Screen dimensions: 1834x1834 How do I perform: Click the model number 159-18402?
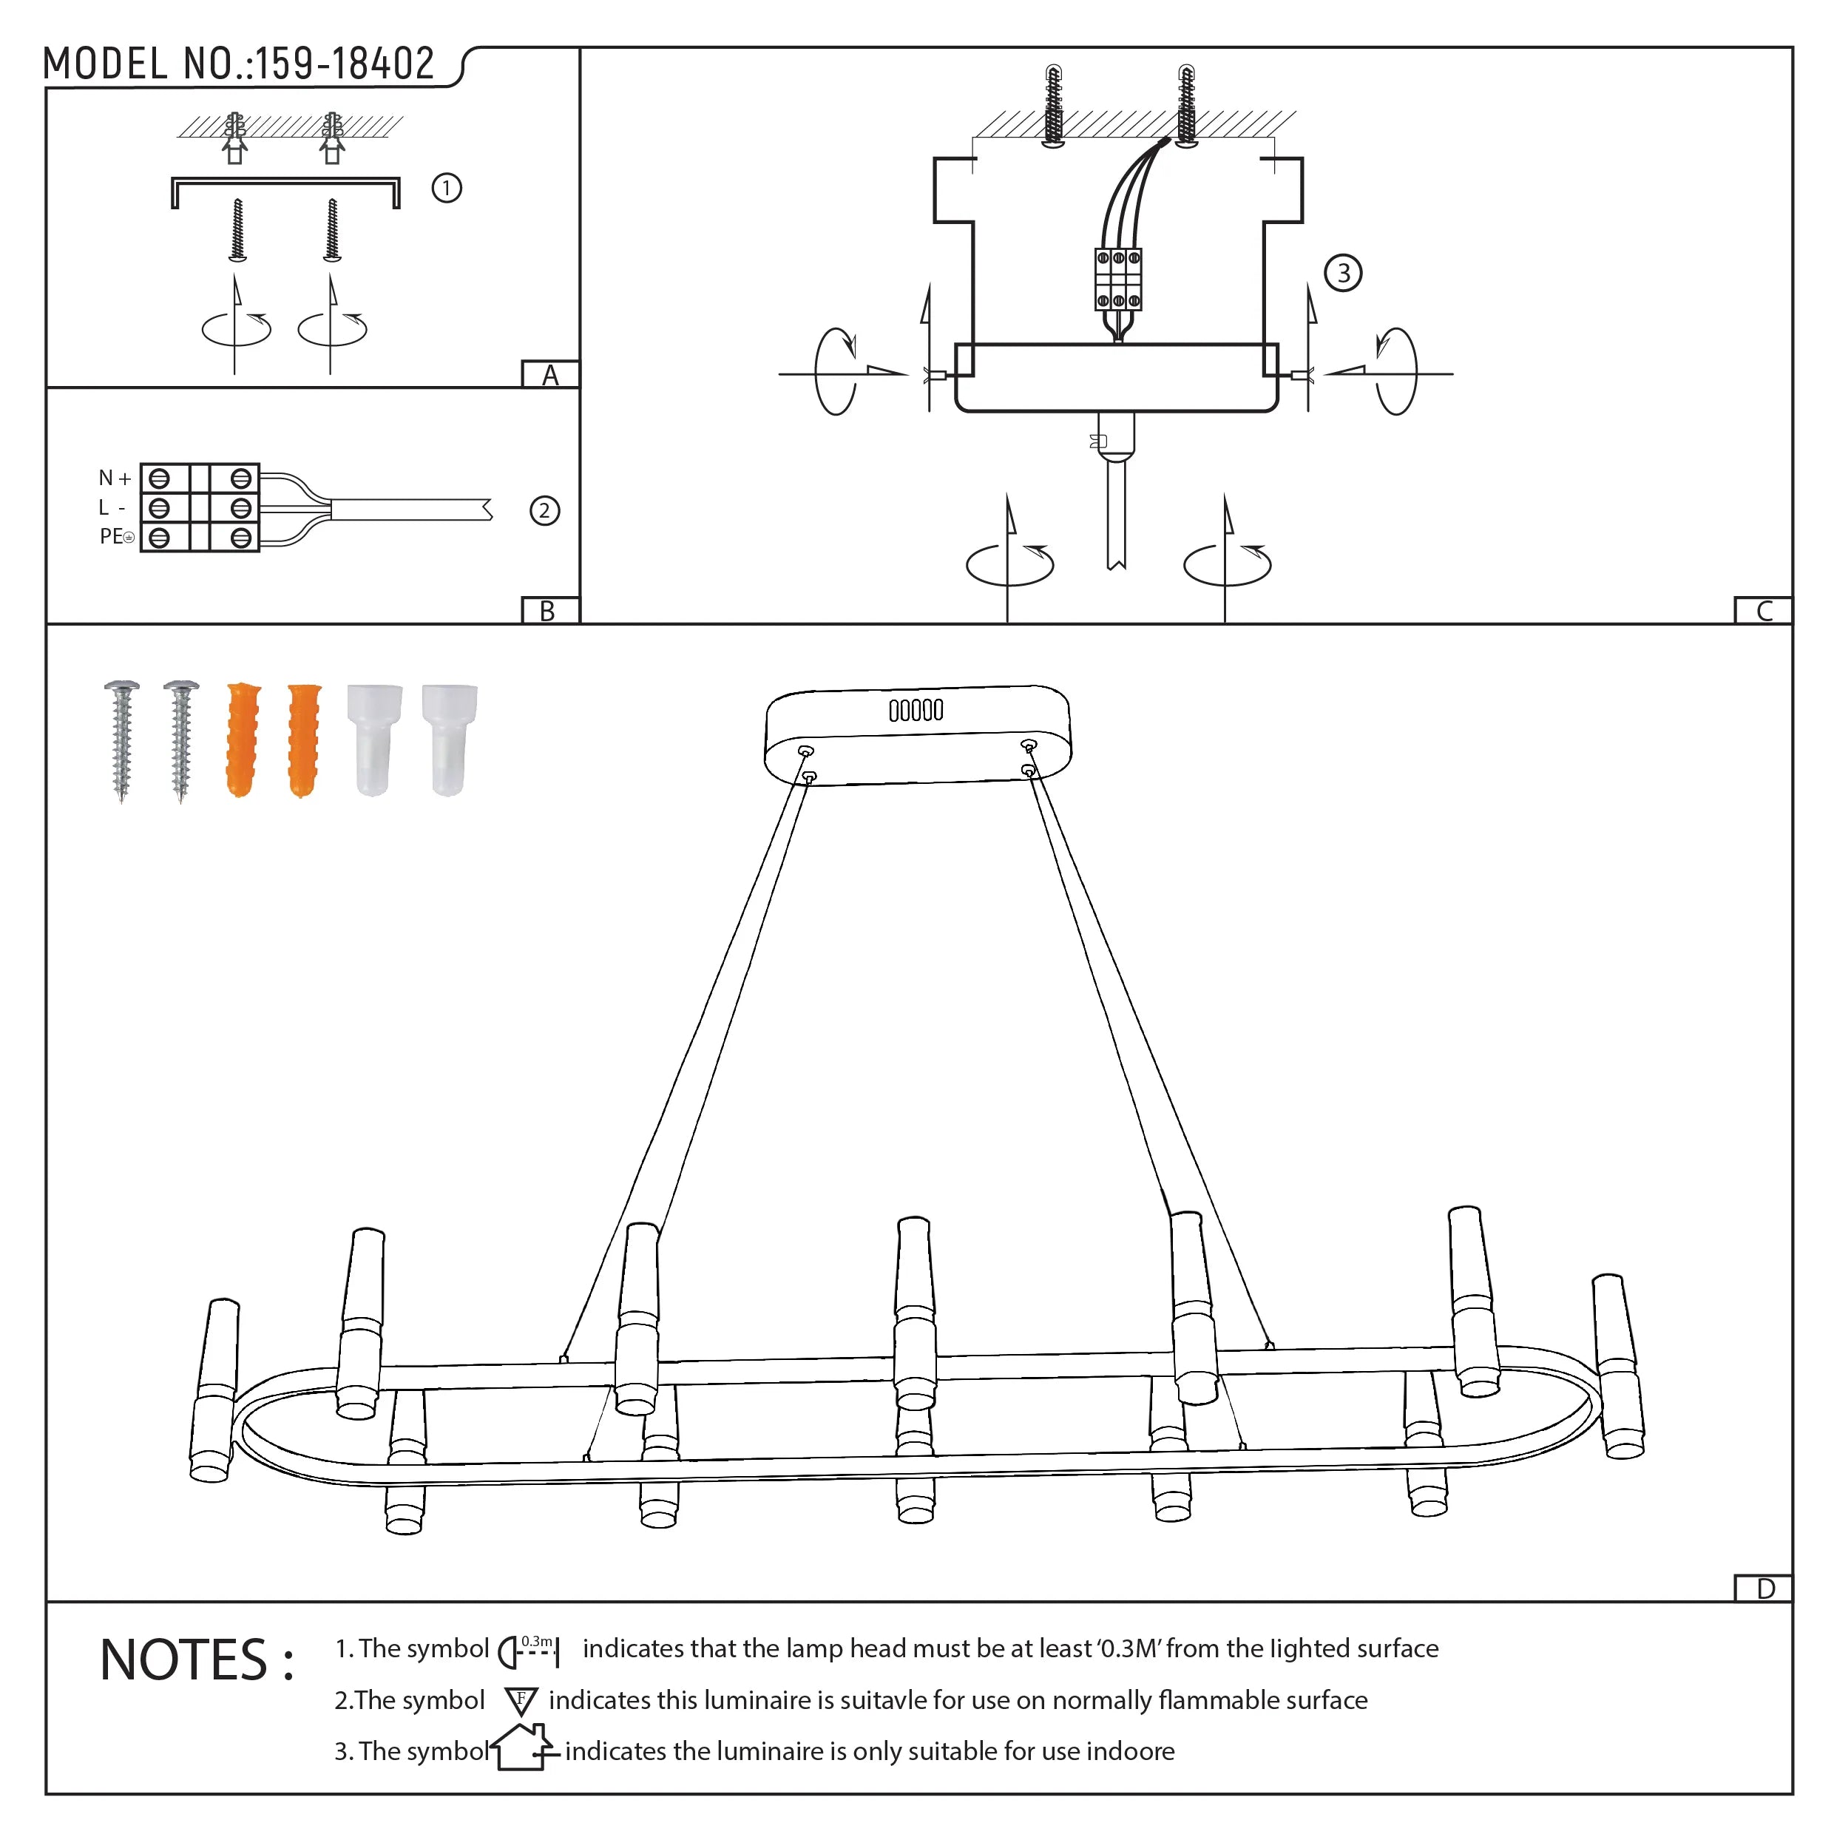tap(344, 64)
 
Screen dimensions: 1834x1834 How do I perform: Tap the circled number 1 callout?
tap(446, 188)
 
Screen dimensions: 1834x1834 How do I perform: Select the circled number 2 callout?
tap(544, 512)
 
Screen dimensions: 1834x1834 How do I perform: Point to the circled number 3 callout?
tap(1342, 274)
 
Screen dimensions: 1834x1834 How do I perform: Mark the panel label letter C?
tap(1764, 612)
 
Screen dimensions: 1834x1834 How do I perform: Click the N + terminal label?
tap(115, 478)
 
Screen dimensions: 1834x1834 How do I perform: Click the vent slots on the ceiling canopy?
tap(916, 710)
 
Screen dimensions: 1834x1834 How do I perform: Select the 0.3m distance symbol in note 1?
tap(529, 1651)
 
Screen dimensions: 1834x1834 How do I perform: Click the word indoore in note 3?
tap(1130, 1751)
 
